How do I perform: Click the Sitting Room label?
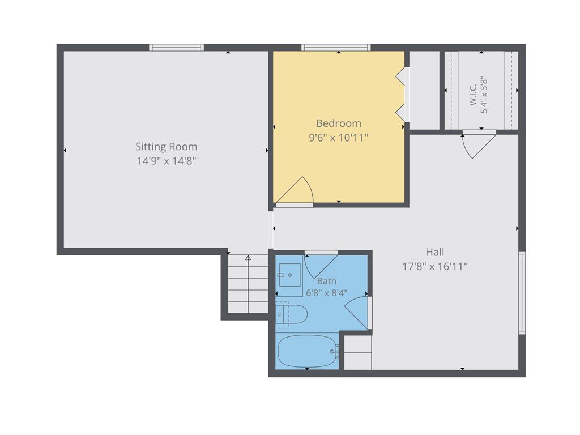(166, 147)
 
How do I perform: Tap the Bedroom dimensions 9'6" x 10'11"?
(339, 138)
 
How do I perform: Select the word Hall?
(434, 252)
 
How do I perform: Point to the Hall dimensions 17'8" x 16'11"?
(434, 266)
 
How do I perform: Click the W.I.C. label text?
(473, 95)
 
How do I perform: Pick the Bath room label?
(327, 281)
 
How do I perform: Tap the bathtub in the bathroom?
(308, 352)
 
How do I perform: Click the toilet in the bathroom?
(292, 315)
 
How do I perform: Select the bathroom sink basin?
(289, 275)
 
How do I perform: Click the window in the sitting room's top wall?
(177, 48)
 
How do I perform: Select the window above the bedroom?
(336, 48)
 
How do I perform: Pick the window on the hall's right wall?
(522, 293)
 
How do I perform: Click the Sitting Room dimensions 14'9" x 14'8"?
(166, 161)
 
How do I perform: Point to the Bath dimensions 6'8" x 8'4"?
(327, 293)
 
